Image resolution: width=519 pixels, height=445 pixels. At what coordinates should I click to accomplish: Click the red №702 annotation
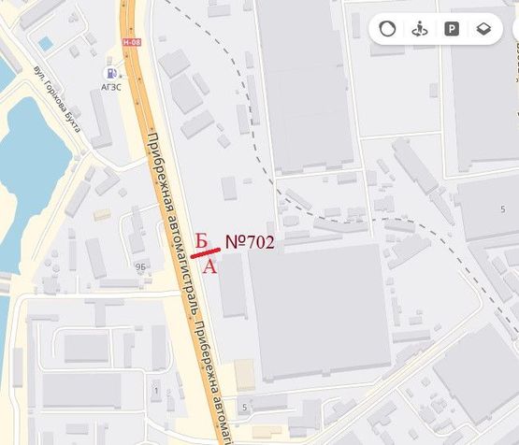click(x=250, y=242)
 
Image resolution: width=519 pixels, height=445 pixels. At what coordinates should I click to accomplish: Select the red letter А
click(x=210, y=266)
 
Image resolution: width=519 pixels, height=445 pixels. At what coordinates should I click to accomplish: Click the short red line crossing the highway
click(x=205, y=251)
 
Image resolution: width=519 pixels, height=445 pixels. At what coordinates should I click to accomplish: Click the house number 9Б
click(x=140, y=266)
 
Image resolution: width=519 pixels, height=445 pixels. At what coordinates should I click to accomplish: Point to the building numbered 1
click(x=155, y=390)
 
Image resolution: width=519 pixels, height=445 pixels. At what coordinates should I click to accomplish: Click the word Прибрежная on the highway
click(x=164, y=168)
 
